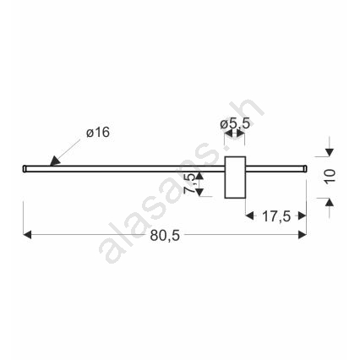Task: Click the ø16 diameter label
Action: tap(98, 133)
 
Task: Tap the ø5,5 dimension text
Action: tap(235, 123)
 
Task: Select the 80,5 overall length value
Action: tap(165, 235)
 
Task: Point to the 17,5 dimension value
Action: tap(276, 216)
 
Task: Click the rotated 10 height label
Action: tap(330, 177)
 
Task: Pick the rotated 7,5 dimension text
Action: tap(189, 183)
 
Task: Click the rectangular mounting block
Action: tap(235, 177)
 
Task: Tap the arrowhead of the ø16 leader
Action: tap(55, 161)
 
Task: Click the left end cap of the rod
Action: tap(25, 168)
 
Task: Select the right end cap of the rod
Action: tap(305, 168)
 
